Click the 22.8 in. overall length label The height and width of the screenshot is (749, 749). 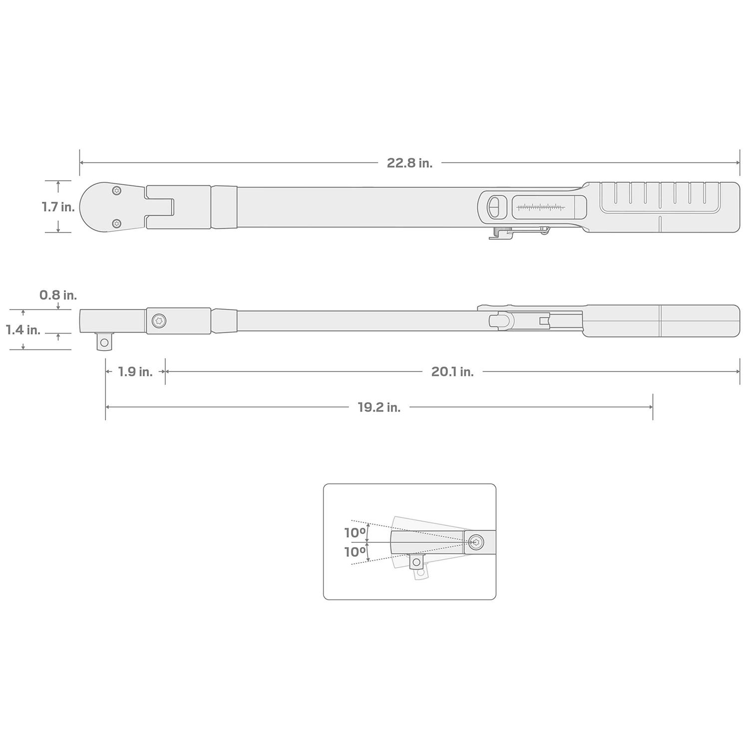click(409, 163)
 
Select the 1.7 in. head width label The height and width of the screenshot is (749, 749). click(58, 207)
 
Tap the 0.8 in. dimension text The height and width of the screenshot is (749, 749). click(58, 295)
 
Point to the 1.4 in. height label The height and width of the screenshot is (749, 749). click(23, 330)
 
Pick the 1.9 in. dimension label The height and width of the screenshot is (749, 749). click(135, 372)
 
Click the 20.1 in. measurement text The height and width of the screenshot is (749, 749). click(452, 372)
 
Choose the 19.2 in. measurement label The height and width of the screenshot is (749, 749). click(379, 407)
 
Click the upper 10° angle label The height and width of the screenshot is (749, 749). click(355, 533)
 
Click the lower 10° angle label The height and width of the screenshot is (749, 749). click(355, 552)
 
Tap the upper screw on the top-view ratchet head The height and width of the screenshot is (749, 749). click(117, 190)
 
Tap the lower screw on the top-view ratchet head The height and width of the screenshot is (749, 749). click(117, 223)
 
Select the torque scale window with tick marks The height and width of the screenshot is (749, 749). click(541, 207)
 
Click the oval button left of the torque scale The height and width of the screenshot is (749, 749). click(493, 207)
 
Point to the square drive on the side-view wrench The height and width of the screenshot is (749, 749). click(104, 343)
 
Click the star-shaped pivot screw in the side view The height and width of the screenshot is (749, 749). click(159, 321)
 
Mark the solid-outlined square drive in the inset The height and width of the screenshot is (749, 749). click(415, 562)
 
